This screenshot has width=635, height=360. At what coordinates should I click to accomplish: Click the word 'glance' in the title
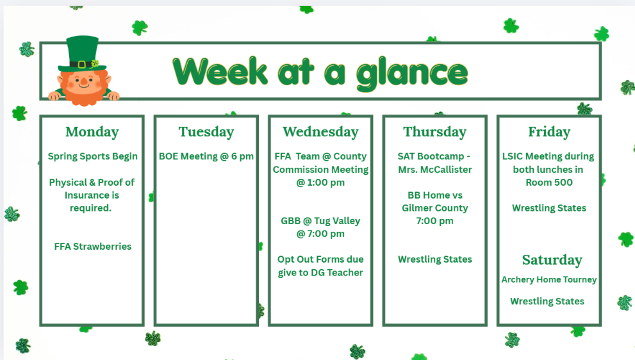[412, 72]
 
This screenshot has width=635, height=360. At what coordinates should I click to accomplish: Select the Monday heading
[92, 132]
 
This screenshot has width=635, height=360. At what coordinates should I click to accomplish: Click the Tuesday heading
[206, 132]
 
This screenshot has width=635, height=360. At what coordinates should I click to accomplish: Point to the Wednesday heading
[320, 132]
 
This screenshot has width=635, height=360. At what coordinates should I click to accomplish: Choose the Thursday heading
[435, 132]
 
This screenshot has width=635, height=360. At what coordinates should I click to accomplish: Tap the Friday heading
[549, 132]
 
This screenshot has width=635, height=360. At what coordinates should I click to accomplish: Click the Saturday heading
[552, 260]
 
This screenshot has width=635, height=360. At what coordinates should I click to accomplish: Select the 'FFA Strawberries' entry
[93, 247]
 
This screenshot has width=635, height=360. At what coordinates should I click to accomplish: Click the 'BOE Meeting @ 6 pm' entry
[206, 156]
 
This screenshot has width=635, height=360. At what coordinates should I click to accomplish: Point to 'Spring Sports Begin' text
[93, 156]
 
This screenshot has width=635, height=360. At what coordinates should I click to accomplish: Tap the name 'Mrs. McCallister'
[435, 170]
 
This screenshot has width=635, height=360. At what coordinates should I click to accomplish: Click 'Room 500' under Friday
[549, 183]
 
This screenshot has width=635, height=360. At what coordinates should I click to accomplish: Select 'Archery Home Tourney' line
[549, 280]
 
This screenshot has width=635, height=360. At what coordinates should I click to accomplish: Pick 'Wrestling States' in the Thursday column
[435, 259]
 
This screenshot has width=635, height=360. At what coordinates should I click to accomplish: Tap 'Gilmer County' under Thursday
[435, 208]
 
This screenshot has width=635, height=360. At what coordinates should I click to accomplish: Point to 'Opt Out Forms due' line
[320, 259]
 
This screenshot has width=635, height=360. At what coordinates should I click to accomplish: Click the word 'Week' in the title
[220, 72]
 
